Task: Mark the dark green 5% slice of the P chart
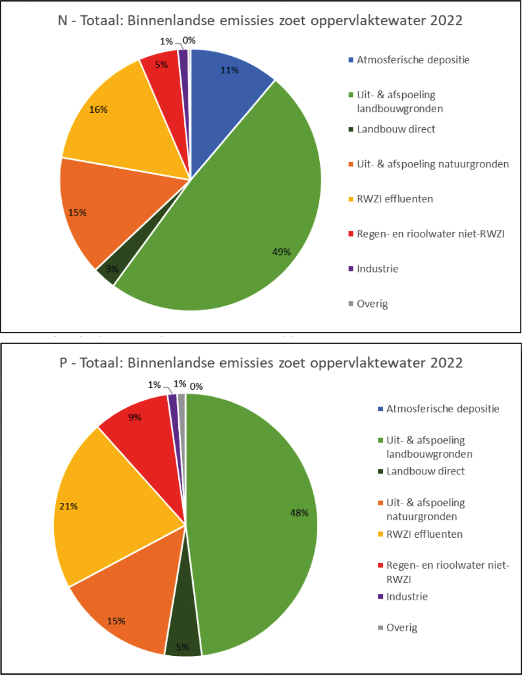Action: pos(183,638)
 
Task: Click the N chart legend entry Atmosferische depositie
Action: pos(413,60)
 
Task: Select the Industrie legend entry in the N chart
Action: pos(377,269)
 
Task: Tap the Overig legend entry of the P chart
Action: pos(401,628)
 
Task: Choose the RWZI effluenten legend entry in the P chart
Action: pos(424,534)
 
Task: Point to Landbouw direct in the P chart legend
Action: pos(425,471)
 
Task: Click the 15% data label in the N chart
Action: pos(77,212)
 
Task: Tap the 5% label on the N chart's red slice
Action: pos(161,65)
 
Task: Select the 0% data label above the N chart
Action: pos(189,40)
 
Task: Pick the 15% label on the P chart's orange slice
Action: pos(116,621)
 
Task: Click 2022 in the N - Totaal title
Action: pos(446,20)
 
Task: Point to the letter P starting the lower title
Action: pos(63,363)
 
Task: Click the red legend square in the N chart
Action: pos(351,234)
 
